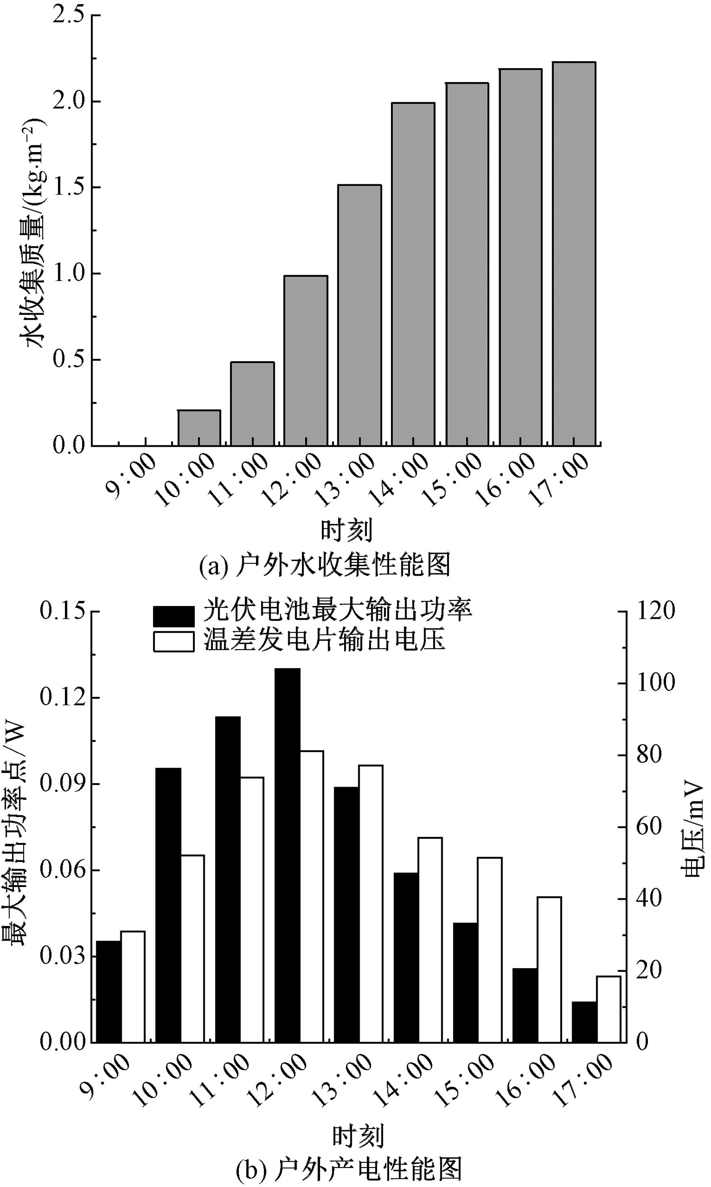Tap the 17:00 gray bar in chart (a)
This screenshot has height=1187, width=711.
pos(574,254)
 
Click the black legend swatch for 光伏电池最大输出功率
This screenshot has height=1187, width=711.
pos(174,616)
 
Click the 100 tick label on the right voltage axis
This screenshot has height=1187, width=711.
pos(656,683)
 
